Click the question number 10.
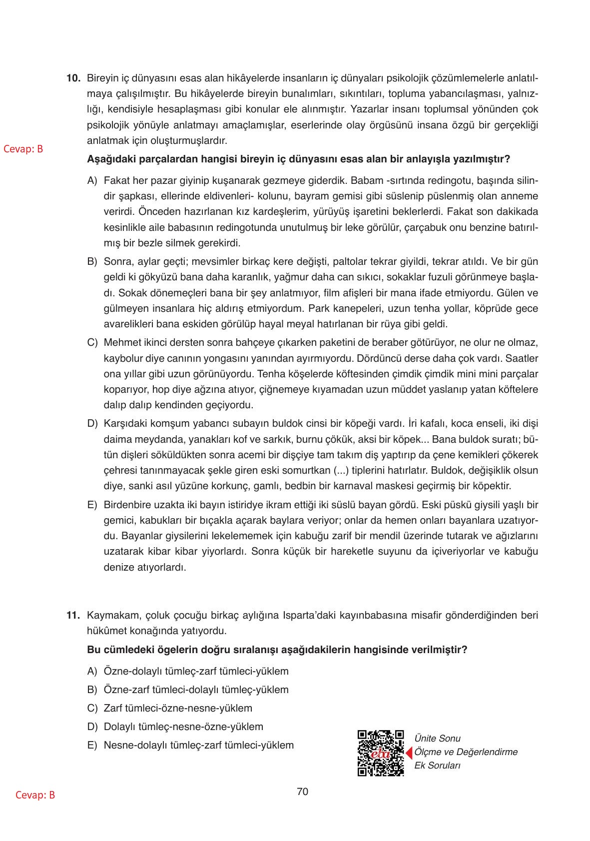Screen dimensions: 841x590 tap(73, 78)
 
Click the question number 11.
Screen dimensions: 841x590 tap(73, 615)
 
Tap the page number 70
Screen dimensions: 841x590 tap(302, 792)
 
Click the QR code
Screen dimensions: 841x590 tap(381, 753)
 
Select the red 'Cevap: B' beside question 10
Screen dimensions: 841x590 tap(23, 149)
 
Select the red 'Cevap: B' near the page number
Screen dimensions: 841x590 tap(35, 796)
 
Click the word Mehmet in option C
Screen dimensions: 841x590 tap(118, 343)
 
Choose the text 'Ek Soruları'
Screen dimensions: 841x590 tap(437, 766)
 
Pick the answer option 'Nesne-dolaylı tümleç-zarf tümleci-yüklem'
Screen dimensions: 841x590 tap(198, 745)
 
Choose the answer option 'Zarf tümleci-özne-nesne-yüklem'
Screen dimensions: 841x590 tap(177, 708)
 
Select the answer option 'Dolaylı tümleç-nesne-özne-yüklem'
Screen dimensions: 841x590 tap(183, 727)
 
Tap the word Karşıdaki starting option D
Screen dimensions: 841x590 tap(122, 424)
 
